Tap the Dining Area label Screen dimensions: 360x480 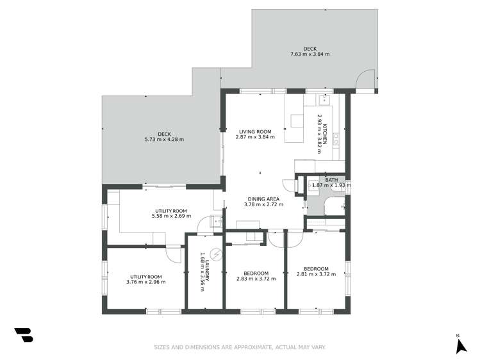click(263, 199)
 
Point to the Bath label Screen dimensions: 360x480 click(331, 180)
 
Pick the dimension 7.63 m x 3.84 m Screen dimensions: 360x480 click(310, 54)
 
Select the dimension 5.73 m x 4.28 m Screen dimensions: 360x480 click(164, 139)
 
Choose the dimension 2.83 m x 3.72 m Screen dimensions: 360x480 click(256, 279)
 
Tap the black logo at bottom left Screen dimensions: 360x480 click(23, 335)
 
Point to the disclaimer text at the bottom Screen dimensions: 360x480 click(240, 348)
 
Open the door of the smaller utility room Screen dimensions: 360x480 click(174, 253)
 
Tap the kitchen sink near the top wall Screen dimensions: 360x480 click(324, 99)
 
